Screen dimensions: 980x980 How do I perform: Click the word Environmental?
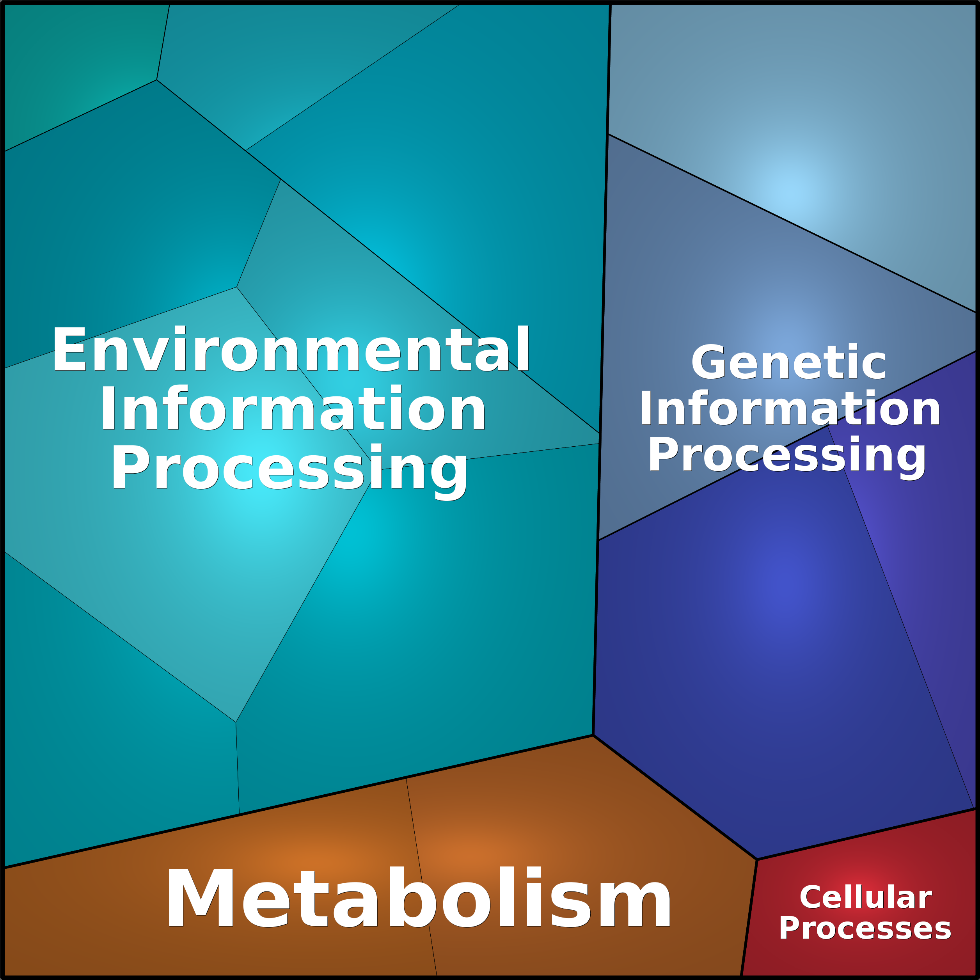point(291,350)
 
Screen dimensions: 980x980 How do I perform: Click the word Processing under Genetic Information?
point(787,456)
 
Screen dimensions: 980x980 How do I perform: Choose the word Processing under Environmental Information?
point(289,469)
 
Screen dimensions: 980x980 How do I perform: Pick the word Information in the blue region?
point(789,409)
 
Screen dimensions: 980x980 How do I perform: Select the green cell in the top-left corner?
point(76,66)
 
